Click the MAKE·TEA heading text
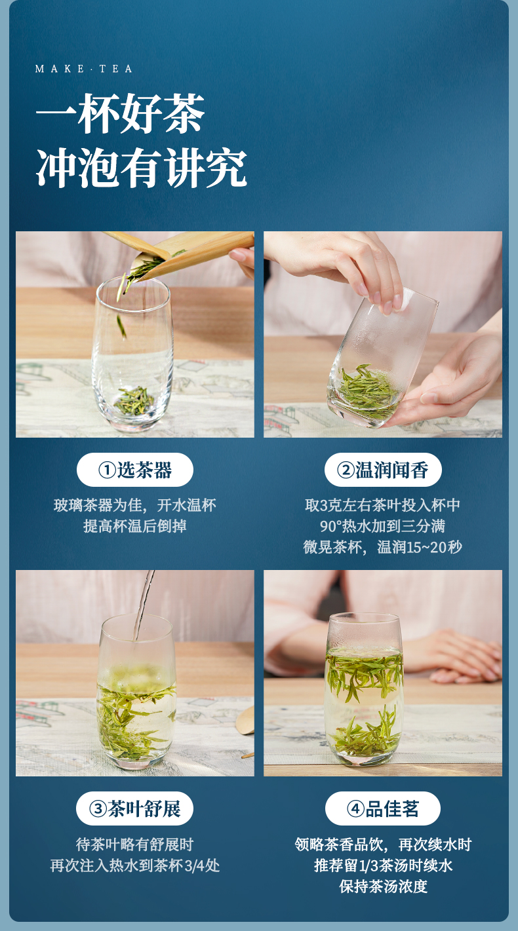coord(84,69)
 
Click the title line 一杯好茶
coord(121,113)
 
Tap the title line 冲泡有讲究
coord(142,168)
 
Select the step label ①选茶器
coord(135,470)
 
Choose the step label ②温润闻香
coord(383,470)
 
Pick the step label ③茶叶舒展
coord(134,808)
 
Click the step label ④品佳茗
coord(382,808)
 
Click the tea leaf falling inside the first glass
coord(121,326)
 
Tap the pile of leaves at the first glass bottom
coord(134,401)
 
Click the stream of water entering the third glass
coord(144,605)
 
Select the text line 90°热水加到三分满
coord(382,526)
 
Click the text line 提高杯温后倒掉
coord(135,526)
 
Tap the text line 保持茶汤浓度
coord(383,886)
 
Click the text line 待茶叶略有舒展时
coord(135,845)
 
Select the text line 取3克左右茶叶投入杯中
coord(383,505)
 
